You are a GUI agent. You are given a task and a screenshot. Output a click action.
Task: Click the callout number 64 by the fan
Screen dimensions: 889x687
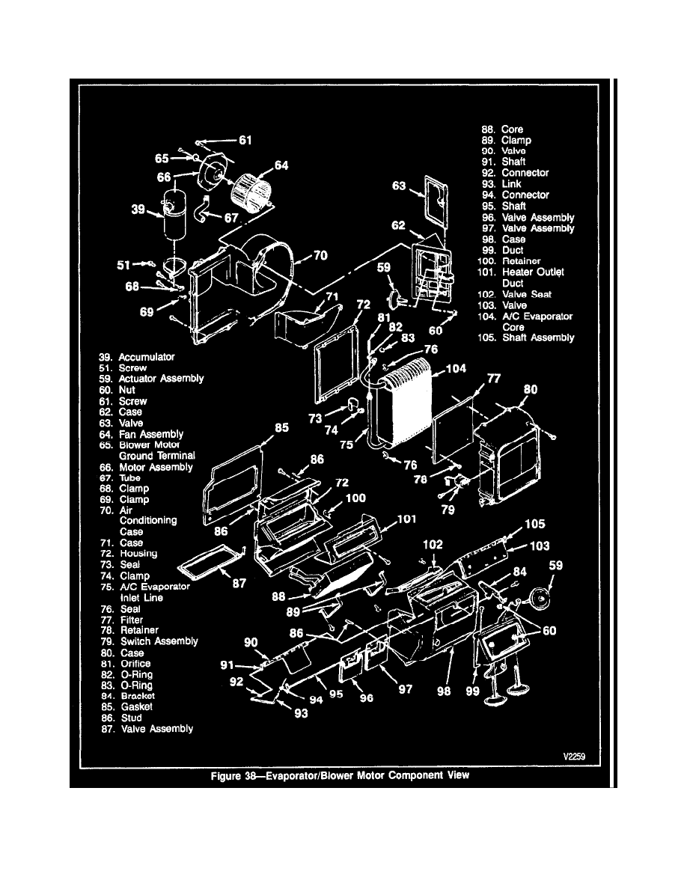281,165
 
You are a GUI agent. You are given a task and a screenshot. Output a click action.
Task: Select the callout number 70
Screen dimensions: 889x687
320,255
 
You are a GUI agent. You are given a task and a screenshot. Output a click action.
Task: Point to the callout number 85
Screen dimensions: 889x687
281,429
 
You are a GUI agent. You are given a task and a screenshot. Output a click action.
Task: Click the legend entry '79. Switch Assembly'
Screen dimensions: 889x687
159,641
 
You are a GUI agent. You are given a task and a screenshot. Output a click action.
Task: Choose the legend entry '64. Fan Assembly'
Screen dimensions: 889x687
150,434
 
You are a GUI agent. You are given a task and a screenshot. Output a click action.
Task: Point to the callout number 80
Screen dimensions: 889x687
530,389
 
